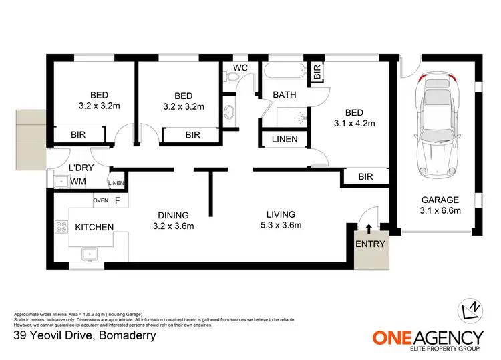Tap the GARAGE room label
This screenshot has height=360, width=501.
coord(439,200)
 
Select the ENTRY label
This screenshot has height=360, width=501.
coord(370,244)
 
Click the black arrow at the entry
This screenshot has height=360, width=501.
coord(369,230)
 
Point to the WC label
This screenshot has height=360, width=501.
coord(240,67)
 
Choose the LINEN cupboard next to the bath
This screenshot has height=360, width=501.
coord(284,140)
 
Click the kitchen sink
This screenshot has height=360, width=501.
coord(88,254)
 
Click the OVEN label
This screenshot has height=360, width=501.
coord(100,200)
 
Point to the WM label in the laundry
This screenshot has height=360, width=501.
coord(78,181)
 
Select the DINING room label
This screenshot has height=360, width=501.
coord(173,215)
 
